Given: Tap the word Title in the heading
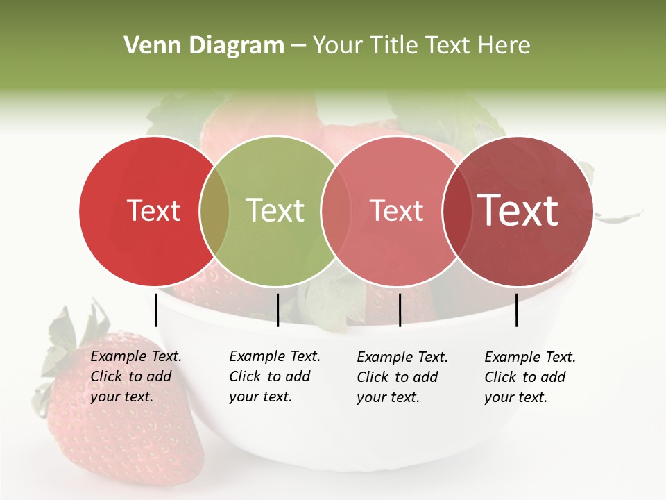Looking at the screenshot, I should (x=394, y=46).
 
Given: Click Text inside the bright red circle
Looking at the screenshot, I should (x=153, y=210).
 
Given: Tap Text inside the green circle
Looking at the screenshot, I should (x=275, y=210).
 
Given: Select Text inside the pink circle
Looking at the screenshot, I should (x=396, y=210).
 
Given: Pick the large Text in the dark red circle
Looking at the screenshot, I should (x=518, y=210).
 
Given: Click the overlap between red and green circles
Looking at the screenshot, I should (x=214, y=210).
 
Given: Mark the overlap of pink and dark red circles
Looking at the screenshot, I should (x=456, y=210).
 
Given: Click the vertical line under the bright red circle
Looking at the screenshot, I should (x=155, y=310).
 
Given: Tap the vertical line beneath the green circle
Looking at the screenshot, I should (x=277, y=310).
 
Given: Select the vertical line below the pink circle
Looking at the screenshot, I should (x=400, y=310).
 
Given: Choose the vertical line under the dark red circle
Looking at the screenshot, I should (x=516, y=310).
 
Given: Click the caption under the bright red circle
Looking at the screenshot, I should (x=135, y=376).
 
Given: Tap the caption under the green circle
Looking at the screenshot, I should (x=274, y=376).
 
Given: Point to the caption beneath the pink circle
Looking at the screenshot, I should (x=402, y=377).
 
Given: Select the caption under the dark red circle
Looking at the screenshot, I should (x=529, y=377).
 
